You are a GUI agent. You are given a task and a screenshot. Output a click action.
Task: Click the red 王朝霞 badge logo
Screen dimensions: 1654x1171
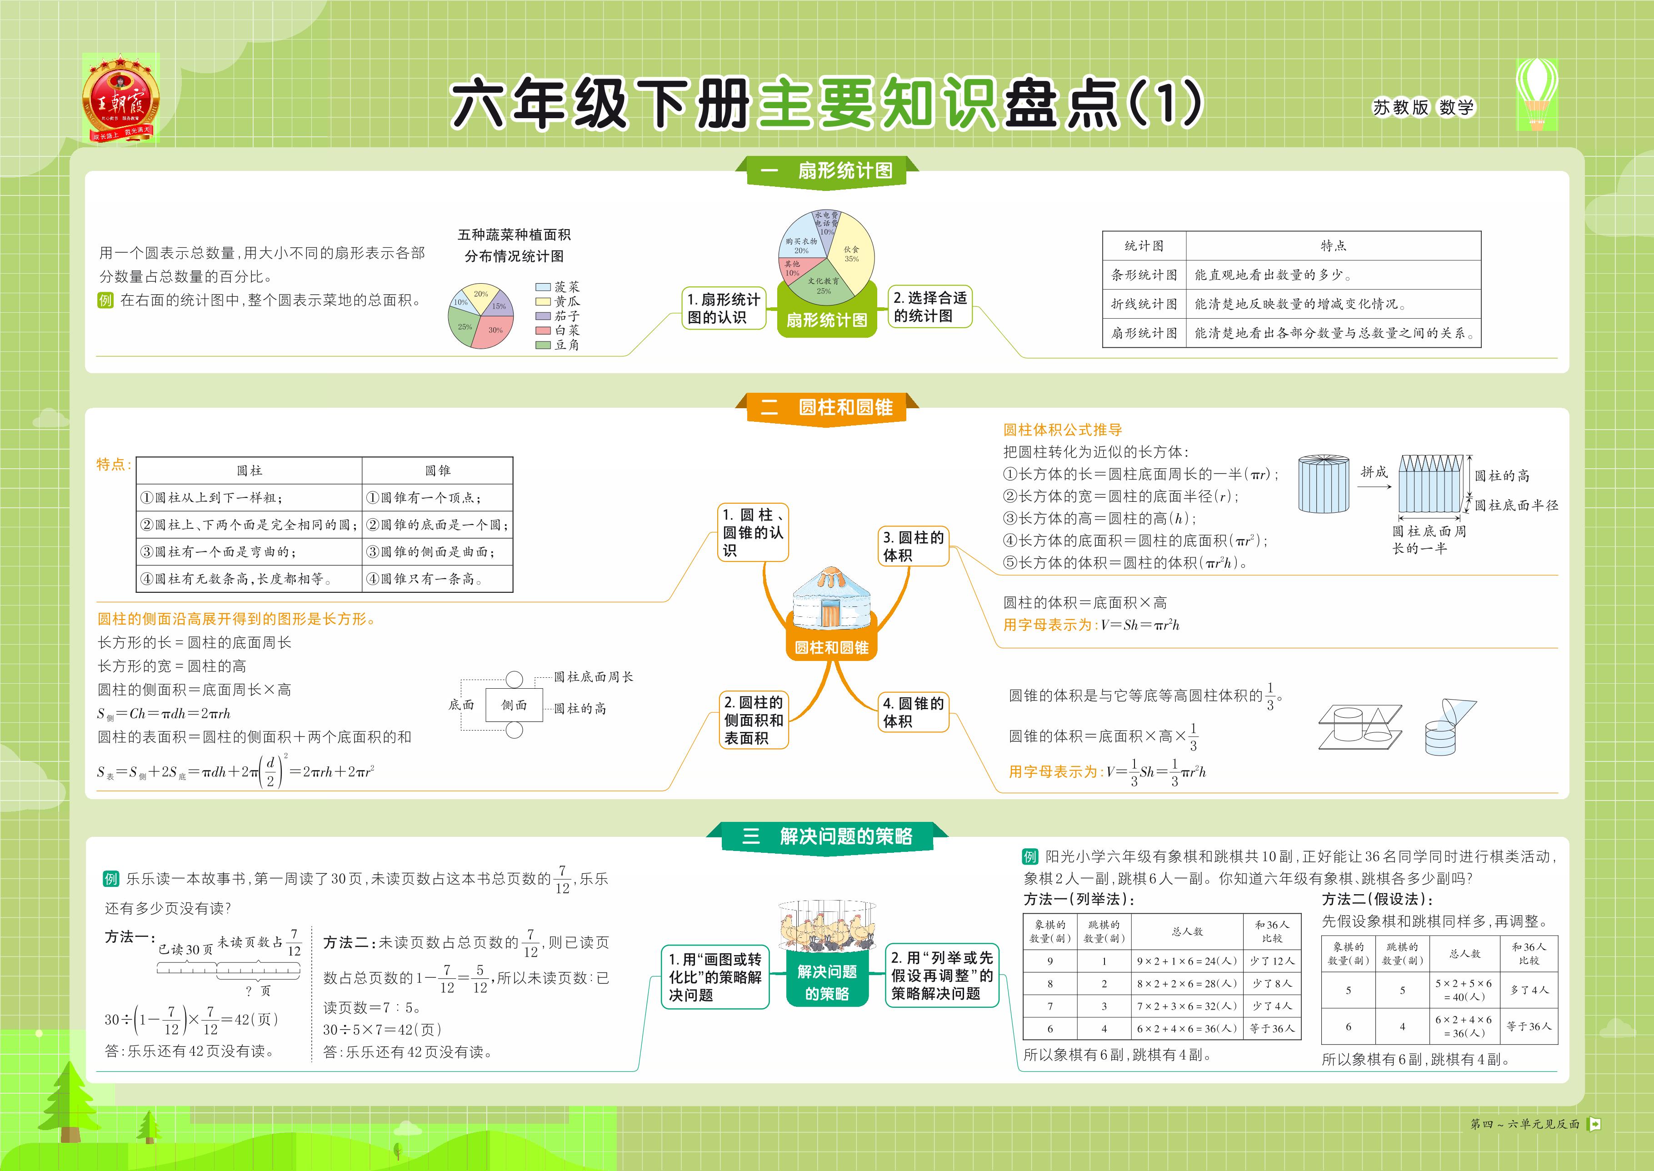(x=120, y=98)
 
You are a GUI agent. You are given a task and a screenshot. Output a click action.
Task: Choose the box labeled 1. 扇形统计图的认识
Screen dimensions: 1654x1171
(x=723, y=309)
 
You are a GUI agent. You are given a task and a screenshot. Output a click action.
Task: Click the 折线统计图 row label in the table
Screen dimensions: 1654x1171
(x=1144, y=304)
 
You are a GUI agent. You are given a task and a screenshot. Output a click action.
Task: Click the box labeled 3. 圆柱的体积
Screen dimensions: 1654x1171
(x=913, y=546)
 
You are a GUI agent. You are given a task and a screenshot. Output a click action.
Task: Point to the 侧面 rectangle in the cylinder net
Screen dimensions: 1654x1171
(x=514, y=705)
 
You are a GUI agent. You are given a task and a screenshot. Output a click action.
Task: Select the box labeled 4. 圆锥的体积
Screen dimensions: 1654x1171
(x=913, y=712)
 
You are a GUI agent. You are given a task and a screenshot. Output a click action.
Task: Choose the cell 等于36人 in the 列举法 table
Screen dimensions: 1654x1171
(x=1272, y=1028)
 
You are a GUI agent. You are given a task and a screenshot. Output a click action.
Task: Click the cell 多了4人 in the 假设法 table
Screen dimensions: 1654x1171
(x=1529, y=990)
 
